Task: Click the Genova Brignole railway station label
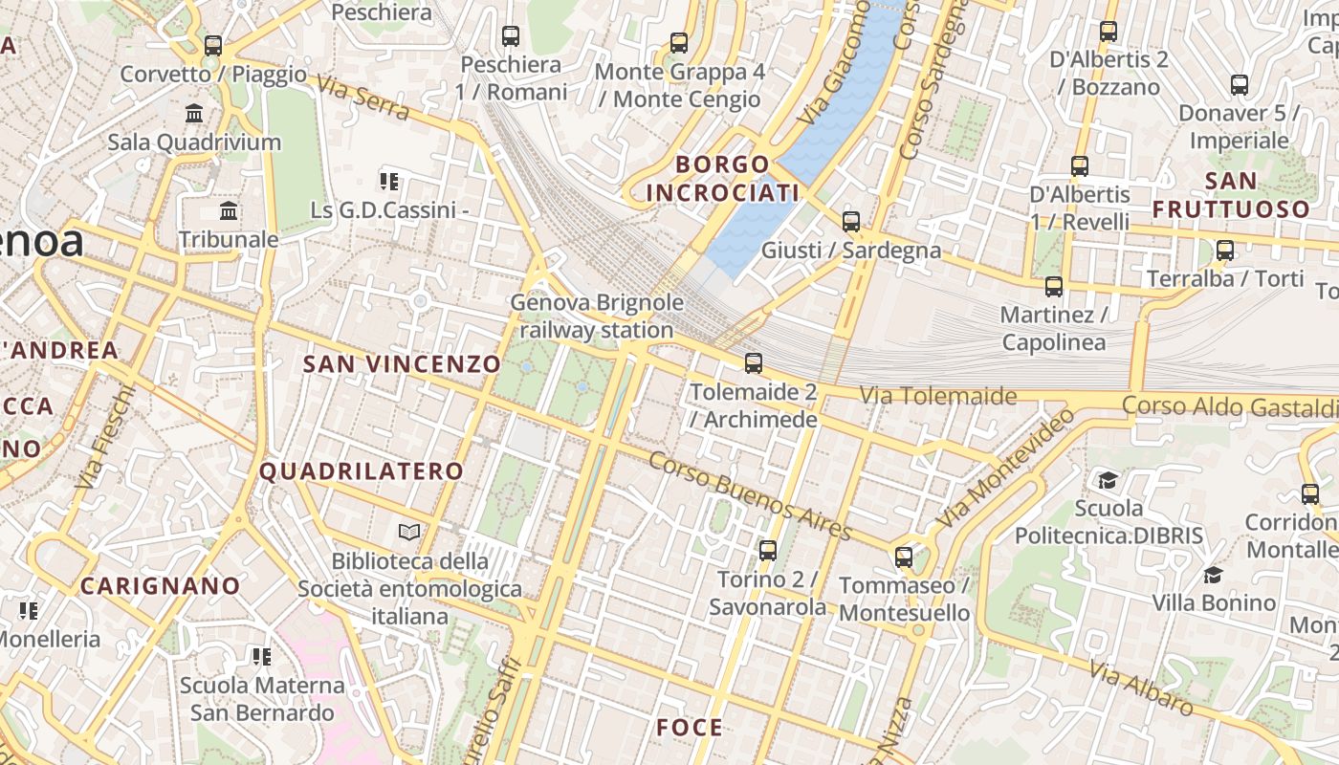point(597,317)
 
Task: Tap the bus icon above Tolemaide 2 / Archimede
point(754,363)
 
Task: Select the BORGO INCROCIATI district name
point(722,179)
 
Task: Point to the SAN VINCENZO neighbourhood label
point(402,363)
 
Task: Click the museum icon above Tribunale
point(229,210)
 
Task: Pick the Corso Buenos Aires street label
point(750,495)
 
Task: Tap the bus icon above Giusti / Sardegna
point(851,222)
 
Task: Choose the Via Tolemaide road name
point(937,395)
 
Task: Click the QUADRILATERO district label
point(362,470)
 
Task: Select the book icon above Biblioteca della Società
point(409,532)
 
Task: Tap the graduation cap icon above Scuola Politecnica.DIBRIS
point(1108,479)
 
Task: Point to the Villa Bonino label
point(1214,602)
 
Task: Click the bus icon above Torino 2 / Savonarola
point(768,551)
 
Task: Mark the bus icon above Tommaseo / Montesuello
point(904,557)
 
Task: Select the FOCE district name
point(690,728)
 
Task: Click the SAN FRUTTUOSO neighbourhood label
point(1230,194)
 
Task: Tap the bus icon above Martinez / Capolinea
point(1054,286)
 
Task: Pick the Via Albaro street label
point(1141,688)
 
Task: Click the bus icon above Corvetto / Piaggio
point(213,45)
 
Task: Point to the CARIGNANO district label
point(161,585)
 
